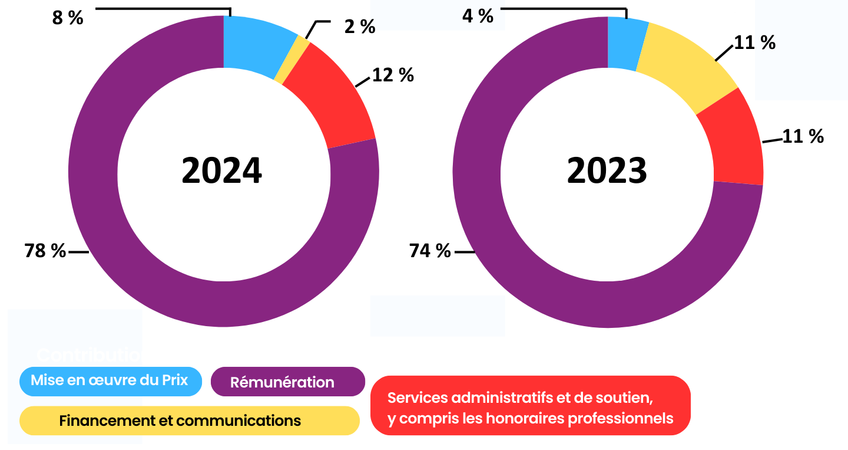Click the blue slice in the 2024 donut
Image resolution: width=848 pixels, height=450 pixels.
[x=256, y=44]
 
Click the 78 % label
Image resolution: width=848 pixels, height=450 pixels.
[x=45, y=251]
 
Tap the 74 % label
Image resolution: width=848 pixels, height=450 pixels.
[x=430, y=251]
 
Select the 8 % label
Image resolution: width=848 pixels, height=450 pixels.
[x=68, y=18]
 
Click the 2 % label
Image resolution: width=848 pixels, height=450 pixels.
[x=360, y=27]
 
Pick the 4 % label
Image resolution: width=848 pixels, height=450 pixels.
[x=478, y=16]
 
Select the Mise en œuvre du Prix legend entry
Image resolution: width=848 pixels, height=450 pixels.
[x=110, y=380]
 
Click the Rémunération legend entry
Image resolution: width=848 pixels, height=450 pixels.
[x=287, y=382]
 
